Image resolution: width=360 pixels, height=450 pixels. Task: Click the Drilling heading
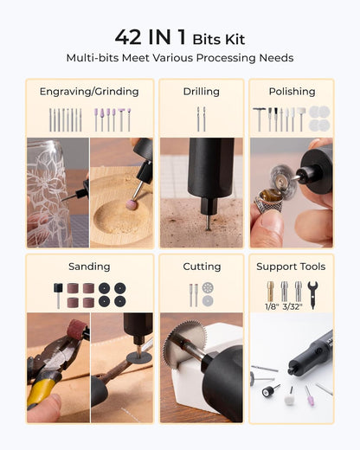point(202,91)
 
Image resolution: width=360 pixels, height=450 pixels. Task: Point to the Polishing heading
point(291,91)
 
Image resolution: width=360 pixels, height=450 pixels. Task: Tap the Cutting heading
point(202,267)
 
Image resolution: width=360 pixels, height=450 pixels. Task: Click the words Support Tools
point(291,267)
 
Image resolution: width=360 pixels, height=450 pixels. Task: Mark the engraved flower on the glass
point(52,195)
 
